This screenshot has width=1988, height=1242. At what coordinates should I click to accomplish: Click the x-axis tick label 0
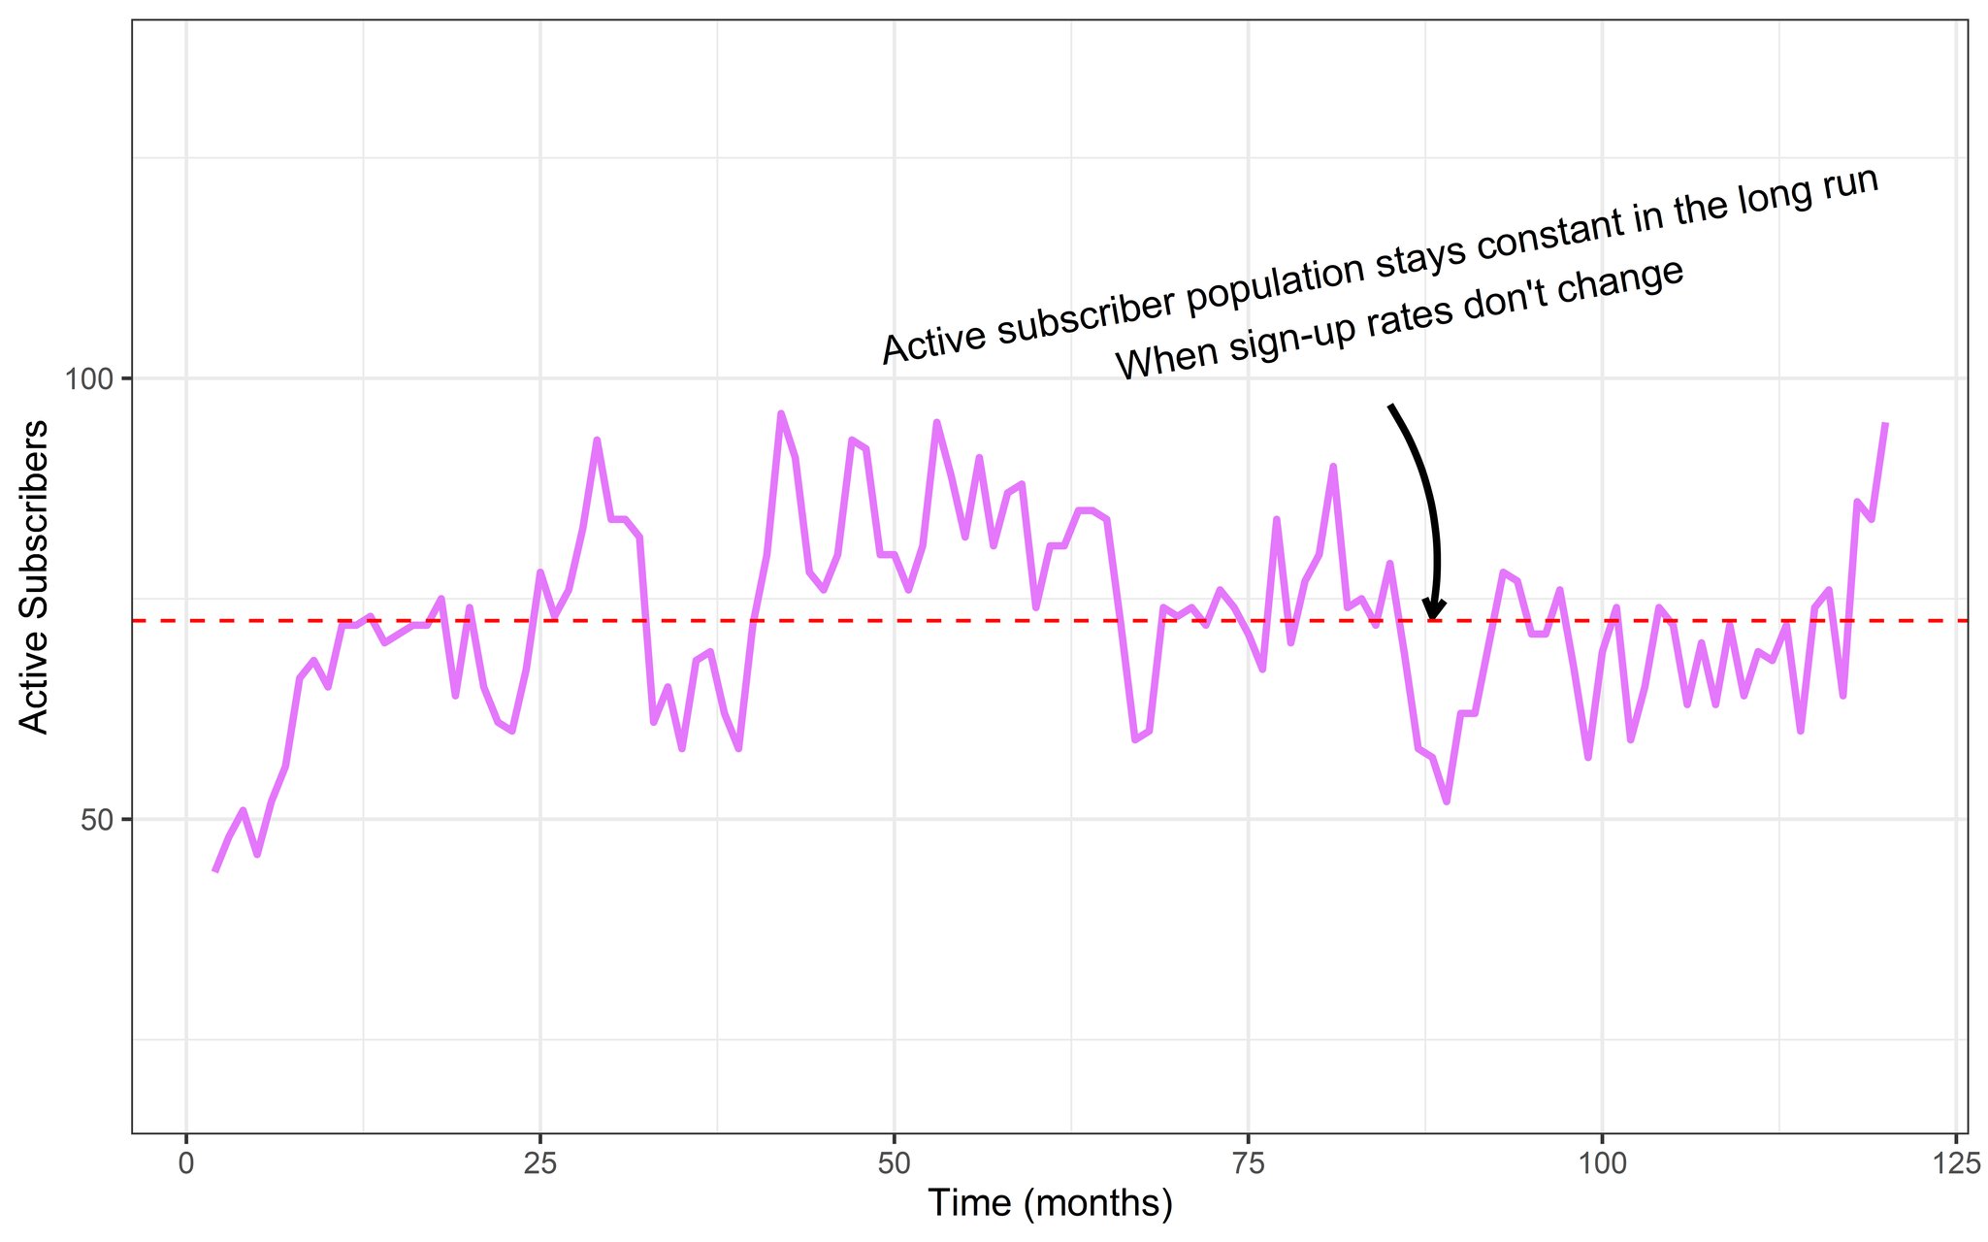click(185, 1164)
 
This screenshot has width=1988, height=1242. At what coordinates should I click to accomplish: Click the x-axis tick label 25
click(539, 1164)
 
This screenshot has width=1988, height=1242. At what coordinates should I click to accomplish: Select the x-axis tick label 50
click(894, 1164)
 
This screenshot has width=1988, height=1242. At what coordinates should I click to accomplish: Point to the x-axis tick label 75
click(1248, 1164)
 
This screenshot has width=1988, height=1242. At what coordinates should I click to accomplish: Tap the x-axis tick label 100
click(1602, 1164)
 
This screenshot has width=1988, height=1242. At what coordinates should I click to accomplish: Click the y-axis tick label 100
click(90, 378)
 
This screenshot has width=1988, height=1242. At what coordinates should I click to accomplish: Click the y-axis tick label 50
click(98, 820)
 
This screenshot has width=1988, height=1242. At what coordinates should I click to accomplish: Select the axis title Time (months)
click(1050, 1204)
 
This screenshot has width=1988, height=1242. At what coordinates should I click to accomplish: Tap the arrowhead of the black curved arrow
click(1434, 610)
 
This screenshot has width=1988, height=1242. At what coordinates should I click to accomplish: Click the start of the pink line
click(214, 870)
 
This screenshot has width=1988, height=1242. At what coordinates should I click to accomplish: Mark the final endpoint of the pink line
click(1885, 423)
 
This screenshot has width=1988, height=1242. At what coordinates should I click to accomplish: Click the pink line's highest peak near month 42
click(781, 413)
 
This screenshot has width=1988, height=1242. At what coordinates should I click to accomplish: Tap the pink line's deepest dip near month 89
click(1447, 801)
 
